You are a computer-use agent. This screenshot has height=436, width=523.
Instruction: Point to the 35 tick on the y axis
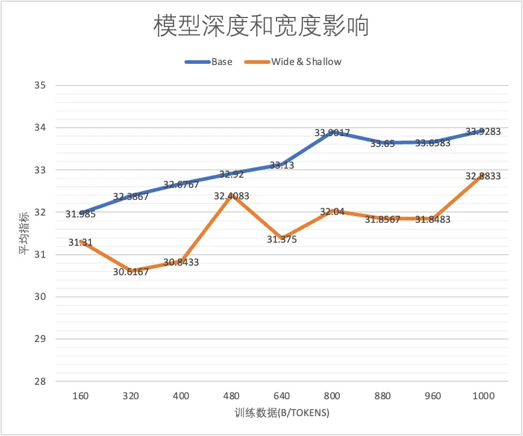point(40,86)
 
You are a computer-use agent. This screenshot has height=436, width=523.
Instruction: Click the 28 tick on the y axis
point(40,381)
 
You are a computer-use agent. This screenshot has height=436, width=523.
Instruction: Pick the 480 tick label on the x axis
point(231,396)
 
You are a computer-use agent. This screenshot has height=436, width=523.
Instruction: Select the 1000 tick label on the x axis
point(483,396)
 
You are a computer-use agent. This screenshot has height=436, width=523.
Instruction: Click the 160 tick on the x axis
point(80,396)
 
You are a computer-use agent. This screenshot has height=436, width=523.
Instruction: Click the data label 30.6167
point(131,272)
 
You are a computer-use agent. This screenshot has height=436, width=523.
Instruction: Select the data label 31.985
point(81,214)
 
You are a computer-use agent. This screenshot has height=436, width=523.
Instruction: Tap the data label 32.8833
point(483,176)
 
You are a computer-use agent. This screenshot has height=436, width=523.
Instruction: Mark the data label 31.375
point(281,240)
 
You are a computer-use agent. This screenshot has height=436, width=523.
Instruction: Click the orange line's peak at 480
point(231,195)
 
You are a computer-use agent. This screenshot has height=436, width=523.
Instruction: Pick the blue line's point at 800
point(332,132)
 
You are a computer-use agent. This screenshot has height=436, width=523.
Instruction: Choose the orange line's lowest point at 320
point(131,270)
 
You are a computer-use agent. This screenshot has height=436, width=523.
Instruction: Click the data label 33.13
point(282,166)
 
